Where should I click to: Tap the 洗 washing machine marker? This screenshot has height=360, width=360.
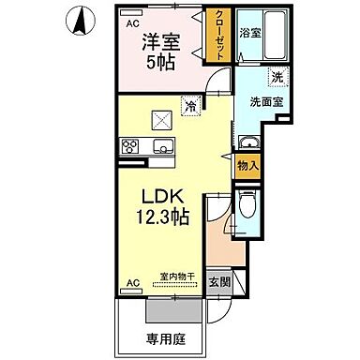click(x=277, y=77)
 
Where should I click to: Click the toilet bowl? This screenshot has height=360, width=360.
click(x=245, y=203)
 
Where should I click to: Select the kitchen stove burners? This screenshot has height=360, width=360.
click(x=129, y=145)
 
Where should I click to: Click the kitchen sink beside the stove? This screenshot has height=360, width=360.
click(x=160, y=146)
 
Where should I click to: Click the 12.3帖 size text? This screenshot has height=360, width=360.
click(x=167, y=217)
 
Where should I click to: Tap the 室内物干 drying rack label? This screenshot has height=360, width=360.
click(x=175, y=276)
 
